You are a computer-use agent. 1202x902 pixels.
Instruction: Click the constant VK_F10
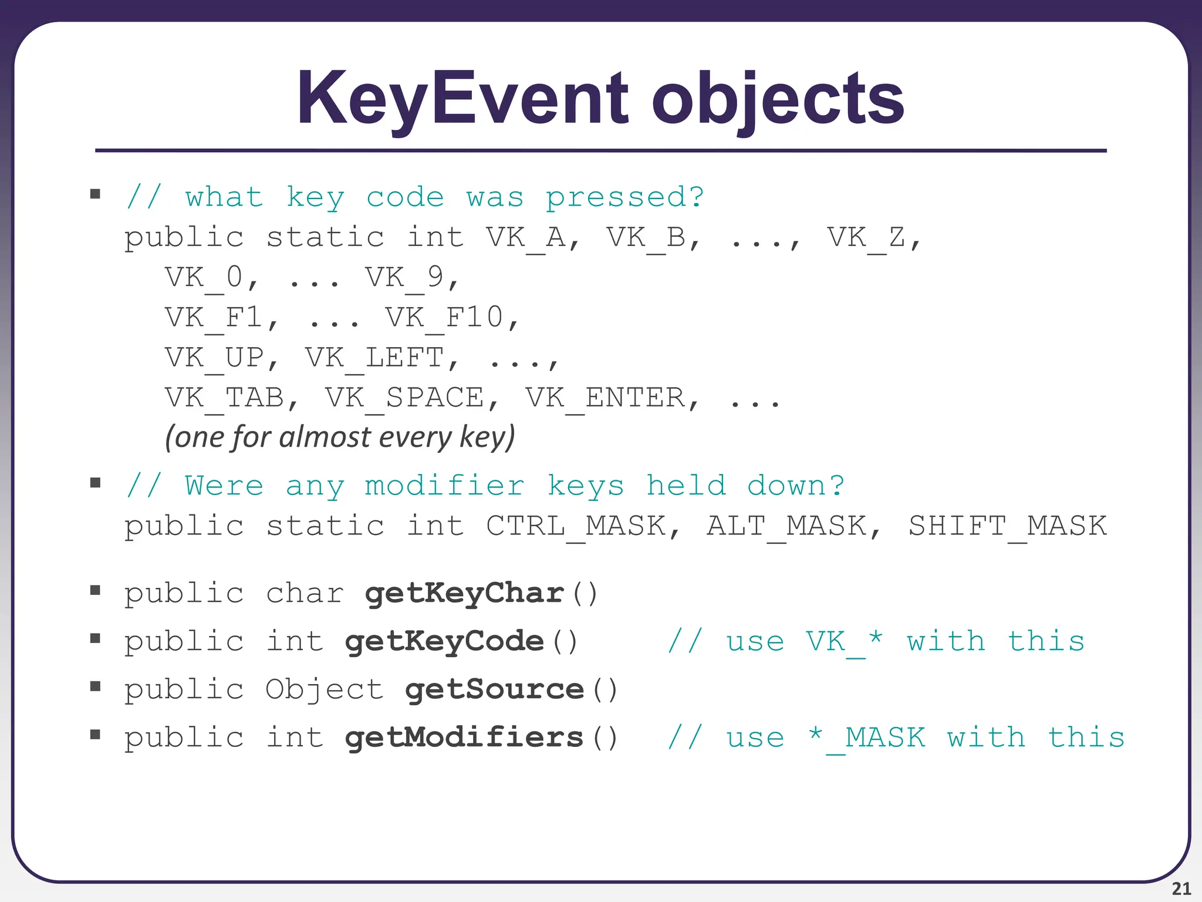pyautogui.click(x=445, y=318)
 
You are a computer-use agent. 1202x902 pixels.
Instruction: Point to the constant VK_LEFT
pyautogui.click(x=374, y=358)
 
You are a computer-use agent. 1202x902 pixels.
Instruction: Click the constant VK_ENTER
pyautogui.click(x=605, y=398)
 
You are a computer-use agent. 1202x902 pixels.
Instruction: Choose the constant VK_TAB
pyautogui.click(x=225, y=398)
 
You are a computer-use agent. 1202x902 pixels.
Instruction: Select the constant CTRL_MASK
pyautogui.click(x=576, y=526)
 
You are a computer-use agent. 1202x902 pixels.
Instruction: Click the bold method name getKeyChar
pyautogui.click(x=464, y=593)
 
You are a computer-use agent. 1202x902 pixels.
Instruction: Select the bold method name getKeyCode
pyautogui.click(x=444, y=641)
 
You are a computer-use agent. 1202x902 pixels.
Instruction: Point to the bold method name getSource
pyautogui.click(x=494, y=689)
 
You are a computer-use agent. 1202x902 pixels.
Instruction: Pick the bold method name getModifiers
pyautogui.click(x=464, y=738)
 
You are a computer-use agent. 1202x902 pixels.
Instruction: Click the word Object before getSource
pyautogui.click(x=325, y=689)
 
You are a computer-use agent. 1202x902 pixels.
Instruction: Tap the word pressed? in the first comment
pyautogui.click(x=625, y=197)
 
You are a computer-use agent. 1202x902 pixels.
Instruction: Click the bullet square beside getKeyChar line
pyautogui.click(x=95, y=590)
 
